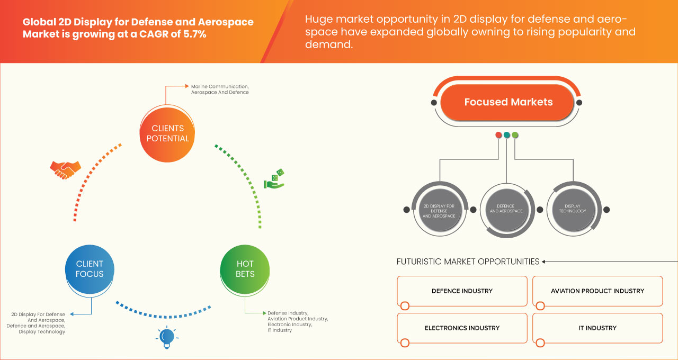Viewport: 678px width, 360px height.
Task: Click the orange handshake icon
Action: [65, 169]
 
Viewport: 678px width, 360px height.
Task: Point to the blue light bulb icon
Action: [167, 337]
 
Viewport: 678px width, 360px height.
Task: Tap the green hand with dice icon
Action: [274, 179]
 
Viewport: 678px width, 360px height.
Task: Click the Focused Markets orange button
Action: [508, 102]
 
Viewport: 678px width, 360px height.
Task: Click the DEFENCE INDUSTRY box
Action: [462, 291]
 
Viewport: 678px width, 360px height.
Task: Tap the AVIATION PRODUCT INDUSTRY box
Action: [597, 291]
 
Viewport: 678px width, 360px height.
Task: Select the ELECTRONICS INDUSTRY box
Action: [462, 328]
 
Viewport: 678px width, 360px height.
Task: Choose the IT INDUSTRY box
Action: [597, 328]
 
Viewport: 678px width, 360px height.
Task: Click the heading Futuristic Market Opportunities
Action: [468, 262]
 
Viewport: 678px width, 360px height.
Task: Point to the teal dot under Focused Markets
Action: [507, 135]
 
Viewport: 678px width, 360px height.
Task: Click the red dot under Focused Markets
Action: [498, 135]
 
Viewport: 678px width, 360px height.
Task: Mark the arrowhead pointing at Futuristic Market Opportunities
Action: [544, 262]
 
